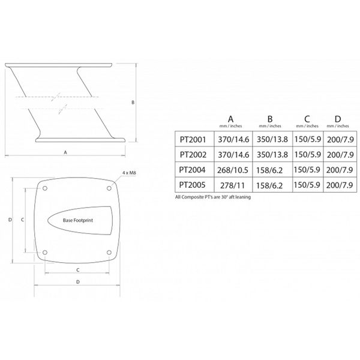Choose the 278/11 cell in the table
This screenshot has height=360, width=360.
[231, 185]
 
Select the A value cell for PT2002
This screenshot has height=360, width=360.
[231, 154]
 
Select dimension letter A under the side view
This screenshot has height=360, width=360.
[65, 153]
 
